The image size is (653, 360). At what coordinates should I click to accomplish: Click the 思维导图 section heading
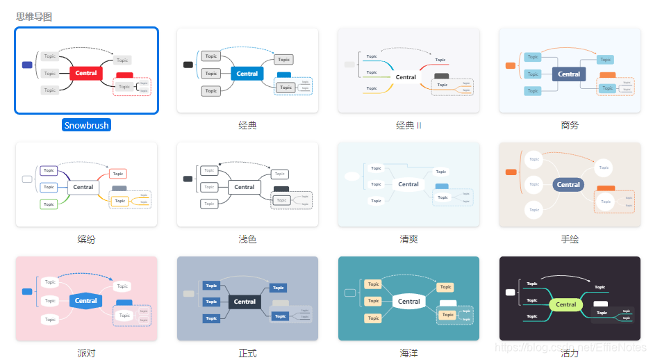(x=34, y=17)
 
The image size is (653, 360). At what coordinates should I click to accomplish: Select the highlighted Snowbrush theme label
(x=87, y=126)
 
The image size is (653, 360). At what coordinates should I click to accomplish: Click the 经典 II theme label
(x=408, y=126)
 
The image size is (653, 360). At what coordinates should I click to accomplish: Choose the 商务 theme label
(x=570, y=126)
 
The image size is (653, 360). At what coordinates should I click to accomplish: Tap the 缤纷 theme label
(x=86, y=240)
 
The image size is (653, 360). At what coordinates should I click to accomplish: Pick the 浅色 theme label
(x=247, y=240)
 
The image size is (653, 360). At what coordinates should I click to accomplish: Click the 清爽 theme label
(x=408, y=240)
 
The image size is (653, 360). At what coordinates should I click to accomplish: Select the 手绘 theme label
(x=570, y=240)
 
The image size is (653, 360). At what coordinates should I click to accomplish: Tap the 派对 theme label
(x=86, y=354)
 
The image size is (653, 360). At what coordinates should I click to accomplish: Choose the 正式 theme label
(x=247, y=354)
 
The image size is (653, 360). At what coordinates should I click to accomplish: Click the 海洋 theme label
(x=408, y=354)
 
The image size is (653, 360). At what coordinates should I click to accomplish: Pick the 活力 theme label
(x=570, y=354)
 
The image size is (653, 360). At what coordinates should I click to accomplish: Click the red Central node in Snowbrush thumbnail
(x=86, y=73)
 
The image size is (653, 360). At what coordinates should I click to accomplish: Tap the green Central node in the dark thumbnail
(x=566, y=304)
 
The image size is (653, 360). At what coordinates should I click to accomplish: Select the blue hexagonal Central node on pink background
(x=86, y=301)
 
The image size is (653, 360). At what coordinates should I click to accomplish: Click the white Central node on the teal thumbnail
(x=408, y=302)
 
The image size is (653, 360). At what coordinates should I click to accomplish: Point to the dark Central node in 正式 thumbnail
(x=245, y=302)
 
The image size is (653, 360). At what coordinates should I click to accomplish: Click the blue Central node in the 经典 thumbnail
(x=247, y=74)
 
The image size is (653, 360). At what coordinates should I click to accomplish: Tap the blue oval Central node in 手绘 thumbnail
(x=568, y=185)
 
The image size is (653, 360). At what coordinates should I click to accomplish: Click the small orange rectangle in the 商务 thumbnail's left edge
(x=511, y=66)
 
